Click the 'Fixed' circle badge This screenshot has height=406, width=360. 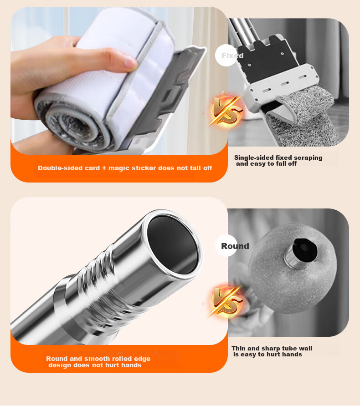(x=226, y=56)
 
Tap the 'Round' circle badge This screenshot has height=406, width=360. (x=226, y=246)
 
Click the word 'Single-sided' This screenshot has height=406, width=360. (x=254, y=157)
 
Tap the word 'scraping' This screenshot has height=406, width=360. (x=309, y=158)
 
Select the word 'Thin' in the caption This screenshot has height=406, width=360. (x=238, y=348)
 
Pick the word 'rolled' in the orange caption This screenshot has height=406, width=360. (x=122, y=359)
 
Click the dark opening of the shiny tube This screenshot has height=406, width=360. (x=173, y=245)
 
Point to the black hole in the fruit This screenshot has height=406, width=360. (x=304, y=250)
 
